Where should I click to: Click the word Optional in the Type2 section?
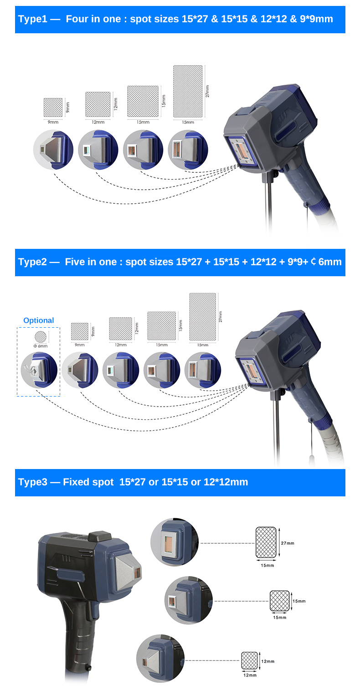[x=38, y=320]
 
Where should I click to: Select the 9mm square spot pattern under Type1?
[x=53, y=107]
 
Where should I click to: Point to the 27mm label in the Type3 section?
[x=288, y=543]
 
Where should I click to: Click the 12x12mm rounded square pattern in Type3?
[x=249, y=660]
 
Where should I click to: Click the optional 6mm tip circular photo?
[x=39, y=370]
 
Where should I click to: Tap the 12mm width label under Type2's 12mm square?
[x=120, y=345]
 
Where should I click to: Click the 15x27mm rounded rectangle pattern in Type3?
[x=266, y=542]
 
